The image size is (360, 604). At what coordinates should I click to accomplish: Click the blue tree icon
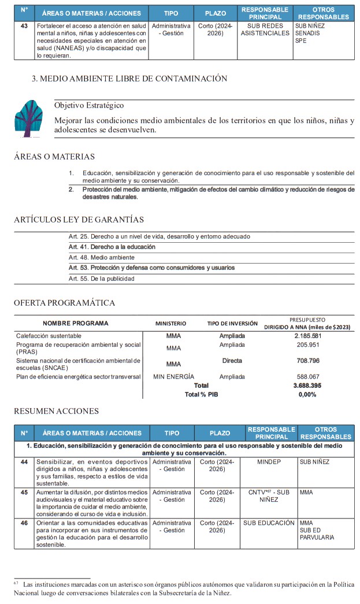coord(29,118)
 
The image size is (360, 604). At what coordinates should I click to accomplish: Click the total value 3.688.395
coord(307,385)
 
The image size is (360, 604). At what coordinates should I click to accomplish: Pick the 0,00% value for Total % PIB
coord(307,394)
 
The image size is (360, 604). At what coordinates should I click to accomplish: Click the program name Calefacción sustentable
coord(49,336)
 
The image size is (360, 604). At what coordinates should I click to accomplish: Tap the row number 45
coord(24,492)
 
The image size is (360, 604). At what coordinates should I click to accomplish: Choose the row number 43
coord(24,26)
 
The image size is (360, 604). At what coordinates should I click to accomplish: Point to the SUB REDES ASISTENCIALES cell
coord(265,29)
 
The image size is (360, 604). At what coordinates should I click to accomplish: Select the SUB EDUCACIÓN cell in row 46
coord(269,523)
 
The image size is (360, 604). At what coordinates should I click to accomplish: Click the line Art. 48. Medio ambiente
coord(101,257)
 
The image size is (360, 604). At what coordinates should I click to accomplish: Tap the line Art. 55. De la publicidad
coord(101,279)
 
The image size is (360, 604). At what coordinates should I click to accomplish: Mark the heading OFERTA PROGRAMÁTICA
coord(64,303)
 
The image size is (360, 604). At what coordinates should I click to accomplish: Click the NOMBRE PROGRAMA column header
coord(75,323)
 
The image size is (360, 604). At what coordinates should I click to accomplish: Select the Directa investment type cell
coord(232,361)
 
